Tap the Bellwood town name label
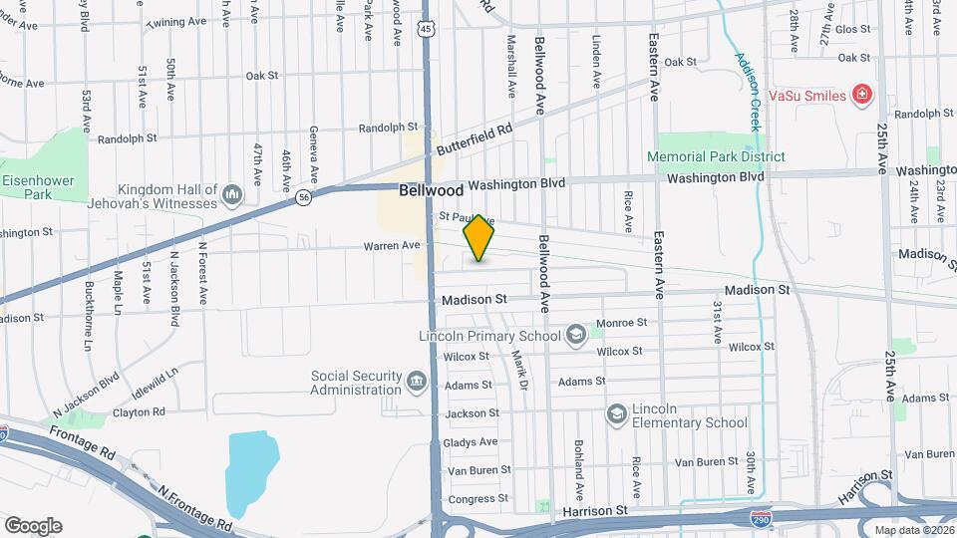[431, 189]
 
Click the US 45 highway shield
[426, 31]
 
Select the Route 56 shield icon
[303, 199]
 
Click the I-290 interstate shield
[761, 518]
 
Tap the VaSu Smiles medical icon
[863, 96]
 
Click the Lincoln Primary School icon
[575, 335]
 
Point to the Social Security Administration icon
[416, 380]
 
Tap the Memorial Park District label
[715, 156]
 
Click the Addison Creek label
[749, 93]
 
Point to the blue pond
[251, 468]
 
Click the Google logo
[33, 526]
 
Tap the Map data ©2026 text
[914, 529]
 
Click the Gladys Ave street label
[473, 441]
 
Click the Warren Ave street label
[391, 245]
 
